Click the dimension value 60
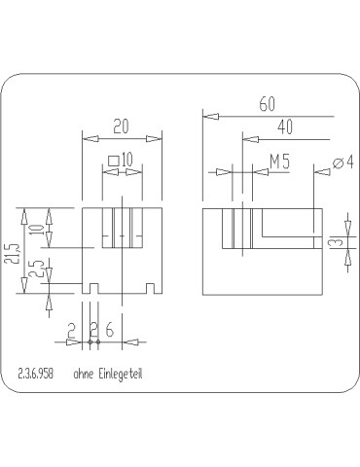267,104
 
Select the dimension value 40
285,126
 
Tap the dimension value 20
121,126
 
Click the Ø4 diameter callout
342,162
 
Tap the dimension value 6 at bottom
110,330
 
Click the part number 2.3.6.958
36,374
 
